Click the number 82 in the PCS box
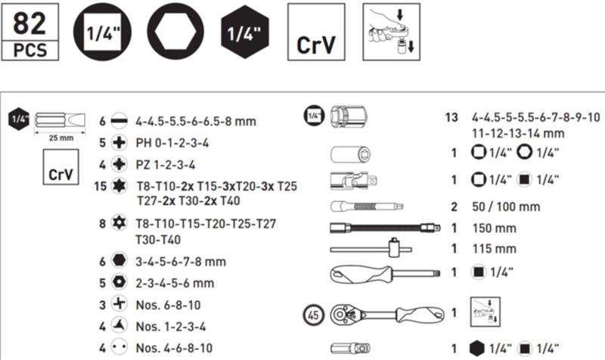[x=29, y=23]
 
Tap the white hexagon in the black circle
[x=175, y=32]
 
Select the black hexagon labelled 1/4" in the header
[x=245, y=32]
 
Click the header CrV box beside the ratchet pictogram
[x=316, y=32]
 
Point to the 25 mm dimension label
[x=61, y=138]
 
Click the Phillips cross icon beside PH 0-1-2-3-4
[x=119, y=143]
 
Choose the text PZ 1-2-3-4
[x=166, y=165]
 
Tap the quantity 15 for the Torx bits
[x=101, y=186]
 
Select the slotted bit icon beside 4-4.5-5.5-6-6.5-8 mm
[x=119, y=121]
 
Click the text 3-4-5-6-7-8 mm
[x=181, y=262]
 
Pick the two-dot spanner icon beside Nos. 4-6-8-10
[x=119, y=347]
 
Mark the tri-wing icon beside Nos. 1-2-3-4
[x=119, y=326]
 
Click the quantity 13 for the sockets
[x=451, y=117]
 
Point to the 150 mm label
[x=495, y=228]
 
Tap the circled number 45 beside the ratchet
[x=313, y=315]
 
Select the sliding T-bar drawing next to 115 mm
[x=371, y=248]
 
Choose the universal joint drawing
[x=354, y=181]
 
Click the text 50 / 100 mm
[x=506, y=206]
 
